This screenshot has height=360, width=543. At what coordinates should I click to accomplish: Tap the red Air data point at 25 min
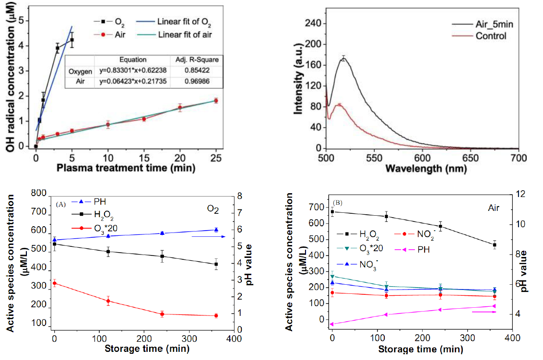216,100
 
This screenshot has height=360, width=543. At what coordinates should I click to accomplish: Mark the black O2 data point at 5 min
72,40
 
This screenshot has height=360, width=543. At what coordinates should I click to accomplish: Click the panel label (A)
61,204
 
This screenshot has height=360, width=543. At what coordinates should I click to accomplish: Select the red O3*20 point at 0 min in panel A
55,283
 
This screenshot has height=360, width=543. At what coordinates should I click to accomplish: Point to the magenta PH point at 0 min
332,324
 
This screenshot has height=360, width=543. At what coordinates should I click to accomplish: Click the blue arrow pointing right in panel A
209,236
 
